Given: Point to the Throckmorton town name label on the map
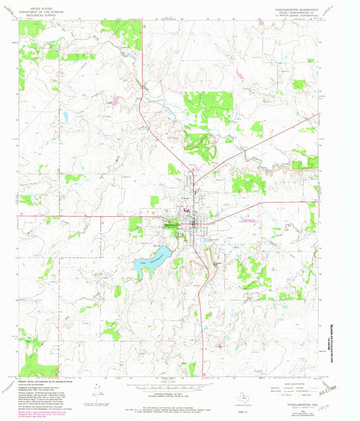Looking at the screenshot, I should (x=171, y=225).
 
